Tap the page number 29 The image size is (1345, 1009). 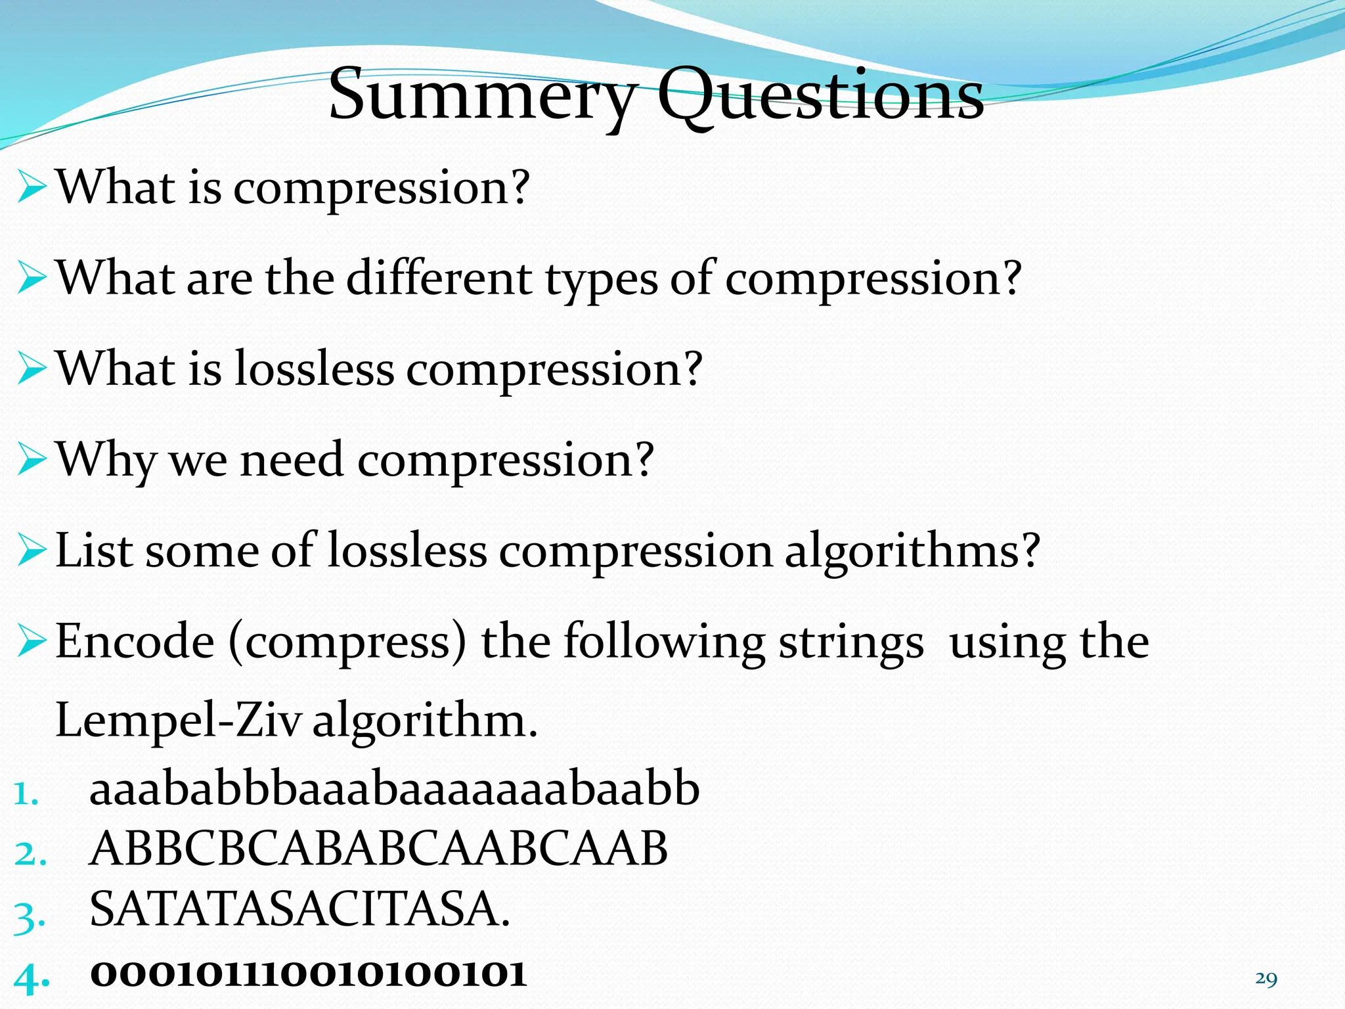1266,979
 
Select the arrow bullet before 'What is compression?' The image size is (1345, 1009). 32,189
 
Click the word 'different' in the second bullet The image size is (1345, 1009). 439,279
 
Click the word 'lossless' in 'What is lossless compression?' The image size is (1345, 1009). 314,369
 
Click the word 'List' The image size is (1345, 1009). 95,550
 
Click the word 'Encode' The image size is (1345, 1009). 135,641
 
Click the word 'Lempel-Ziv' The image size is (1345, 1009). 178,721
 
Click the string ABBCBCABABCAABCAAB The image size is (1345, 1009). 378,849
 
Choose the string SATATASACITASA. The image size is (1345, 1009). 299,909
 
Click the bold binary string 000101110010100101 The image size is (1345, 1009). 308,974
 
